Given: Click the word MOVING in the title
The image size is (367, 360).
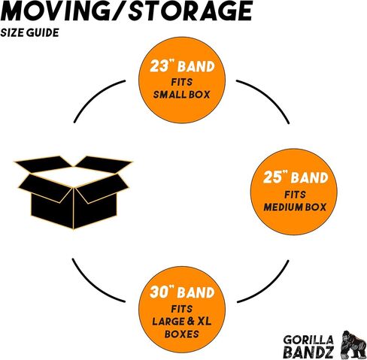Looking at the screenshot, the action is (x=55, y=11).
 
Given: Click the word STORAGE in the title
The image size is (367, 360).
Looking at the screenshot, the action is (x=190, y=11).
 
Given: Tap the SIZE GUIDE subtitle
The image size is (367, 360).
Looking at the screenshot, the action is (x=29, y=33).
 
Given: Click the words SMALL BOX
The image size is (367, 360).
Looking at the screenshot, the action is (x=181, y=95).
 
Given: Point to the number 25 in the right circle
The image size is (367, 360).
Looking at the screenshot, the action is (x=272, y=177).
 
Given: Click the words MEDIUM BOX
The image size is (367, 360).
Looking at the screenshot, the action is (x=295, y=207).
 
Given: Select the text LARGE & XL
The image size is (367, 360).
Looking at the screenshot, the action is (x=182, y=321).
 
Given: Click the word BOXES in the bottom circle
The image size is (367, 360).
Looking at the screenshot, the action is (x=182, y=334).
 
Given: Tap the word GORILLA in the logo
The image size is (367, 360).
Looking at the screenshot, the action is (x=308, y=340).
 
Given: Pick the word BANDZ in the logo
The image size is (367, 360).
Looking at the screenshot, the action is (x=308, y=352).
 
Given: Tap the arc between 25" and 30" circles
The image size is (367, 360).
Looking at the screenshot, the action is (x=268, y=286).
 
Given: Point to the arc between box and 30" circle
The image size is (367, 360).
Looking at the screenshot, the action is (x=93, y=285).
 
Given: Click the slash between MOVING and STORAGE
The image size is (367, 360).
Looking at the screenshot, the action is (x=118, y=11).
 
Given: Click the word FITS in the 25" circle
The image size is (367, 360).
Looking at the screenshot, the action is (x=295, y=195).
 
